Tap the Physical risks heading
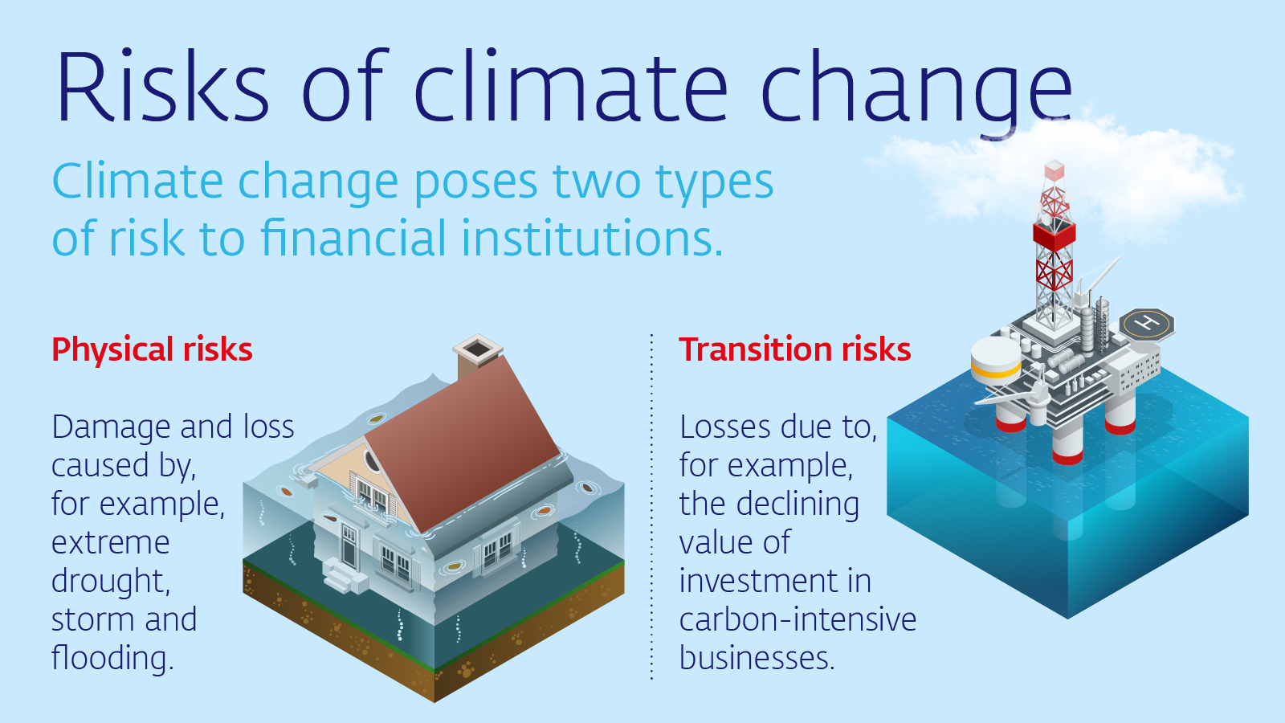[x=152, y=349]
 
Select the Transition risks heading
[x=795, y=349]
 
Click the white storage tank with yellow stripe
[x=996, y=361]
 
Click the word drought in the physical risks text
[x=111, y=581]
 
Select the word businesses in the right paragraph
[x=757, y=658]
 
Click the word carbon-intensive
[x=798, y=619]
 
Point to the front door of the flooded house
[x=349, y=545]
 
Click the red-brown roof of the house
[x=463, y=442]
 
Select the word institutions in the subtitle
[x=591, y=238]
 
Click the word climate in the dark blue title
[x=571, y=86]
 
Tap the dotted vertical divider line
[x=651, y=507]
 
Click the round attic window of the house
[x=373, y=461]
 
